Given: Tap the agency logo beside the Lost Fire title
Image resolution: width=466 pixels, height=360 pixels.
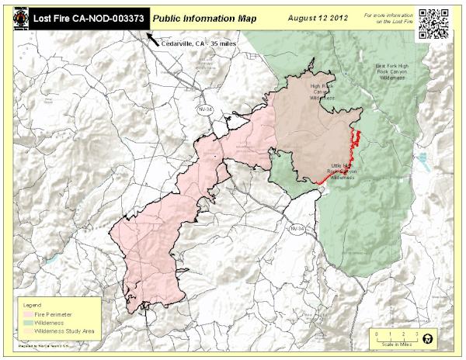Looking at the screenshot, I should click(14, 17).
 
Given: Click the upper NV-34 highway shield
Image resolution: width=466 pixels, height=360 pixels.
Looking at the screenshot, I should click(203, 102).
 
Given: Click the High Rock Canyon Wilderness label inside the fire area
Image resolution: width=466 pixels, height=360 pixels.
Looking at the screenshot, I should click(327, 92).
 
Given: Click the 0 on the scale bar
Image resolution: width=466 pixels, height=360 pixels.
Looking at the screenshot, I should click(375, 333).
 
